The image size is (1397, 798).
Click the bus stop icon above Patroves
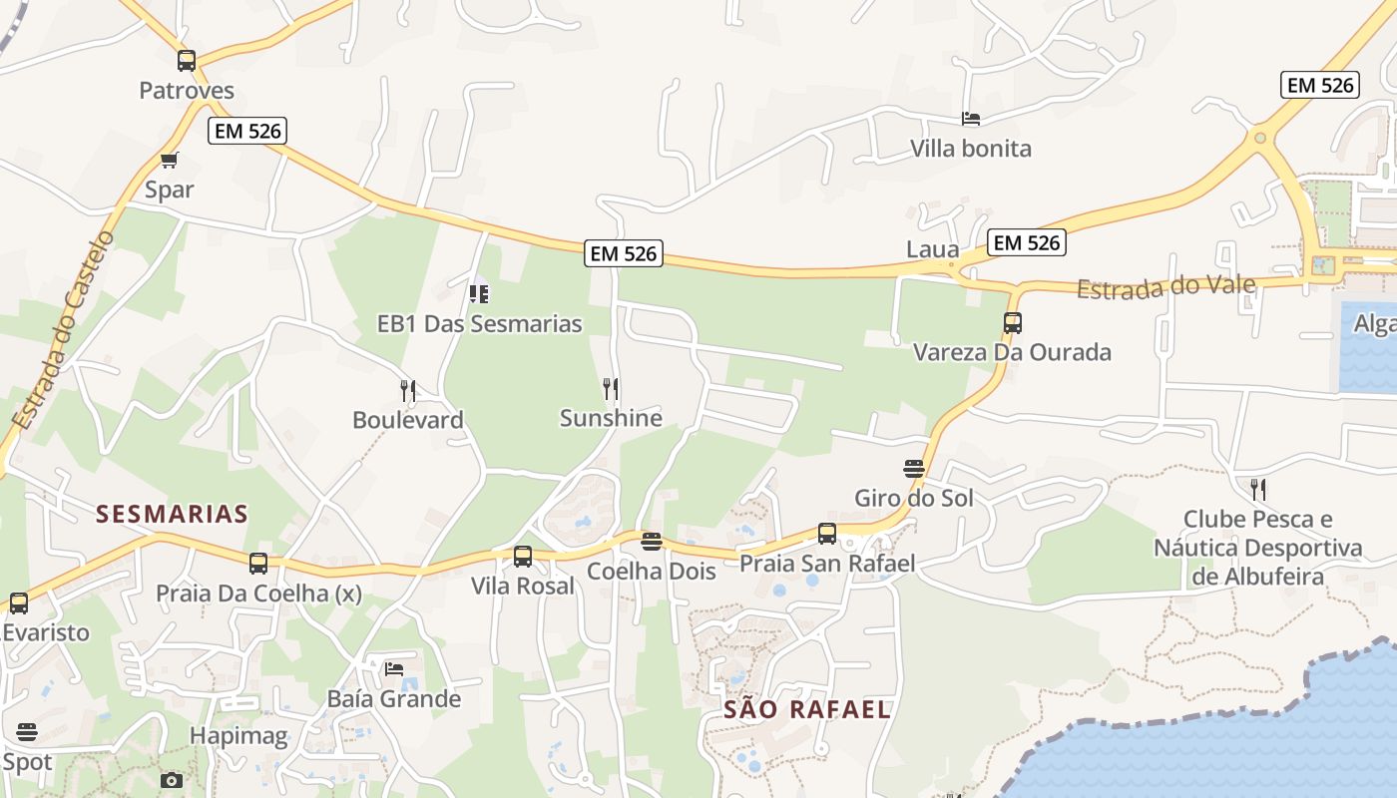pyautogui.click(x=187, y=61)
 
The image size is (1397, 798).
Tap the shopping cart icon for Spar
pyautogui.click(x=170, y=160)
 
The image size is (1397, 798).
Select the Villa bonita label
pyautogui.click(x=971, y=149)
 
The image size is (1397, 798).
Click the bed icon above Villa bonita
pyautogui.click(x=971, y=119)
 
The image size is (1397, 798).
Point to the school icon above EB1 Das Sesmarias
pyautogui.click(x=479, y=294)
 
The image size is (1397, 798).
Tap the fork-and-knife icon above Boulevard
pyautogui.click(x=408, y=390)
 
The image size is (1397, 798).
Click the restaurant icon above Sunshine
pyautogui.click(x=611, y=388)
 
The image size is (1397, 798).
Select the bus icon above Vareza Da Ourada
pyautogui.click(x=1013, y=323)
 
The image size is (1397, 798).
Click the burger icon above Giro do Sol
pyautogui.click(x=914, y=468)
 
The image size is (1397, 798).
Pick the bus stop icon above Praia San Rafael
pyautogui.click(x=827, y=534)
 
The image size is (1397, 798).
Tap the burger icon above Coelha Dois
pyautogui.click(x=652, y=542)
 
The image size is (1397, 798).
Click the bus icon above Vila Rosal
pyautogui.click(x=523, y=557)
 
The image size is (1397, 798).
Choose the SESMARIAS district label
pyautogui.click(x=172, y=515)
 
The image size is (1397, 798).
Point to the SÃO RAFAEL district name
pyautogui.click(x=806, y=710)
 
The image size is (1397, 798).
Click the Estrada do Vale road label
pyautogui.click(x=1165, y=287)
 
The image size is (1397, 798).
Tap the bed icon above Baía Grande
pyautogui.click(x=394, y=669)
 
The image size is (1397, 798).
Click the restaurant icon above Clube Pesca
pyautogui.click(x=1258, y=490)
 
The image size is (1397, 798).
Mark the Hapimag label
pyautogui.click(x=238, y=737)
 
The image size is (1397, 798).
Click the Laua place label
pyautogui.click(x=932, y=249)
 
